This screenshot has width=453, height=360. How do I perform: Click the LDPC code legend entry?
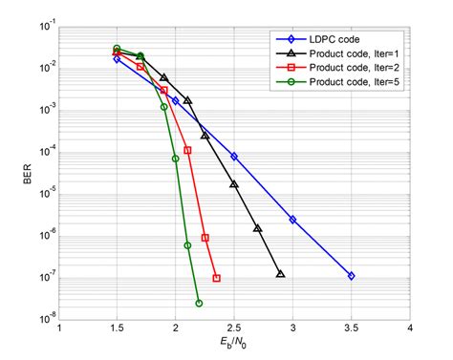(x=334, y=39)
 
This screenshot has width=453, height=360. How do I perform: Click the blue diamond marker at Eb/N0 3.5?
(x=351, y=275)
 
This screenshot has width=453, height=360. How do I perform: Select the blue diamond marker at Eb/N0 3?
(x=292, y=220)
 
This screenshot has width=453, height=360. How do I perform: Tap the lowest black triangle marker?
(x=281, y=274)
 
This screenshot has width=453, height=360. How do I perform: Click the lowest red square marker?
(x=217, y=278)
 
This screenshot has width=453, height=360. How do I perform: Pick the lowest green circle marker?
(x=199, y=304)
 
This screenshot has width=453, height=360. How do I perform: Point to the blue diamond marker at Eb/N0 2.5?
(x=234, y=156)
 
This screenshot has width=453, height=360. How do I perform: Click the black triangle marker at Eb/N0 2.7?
(x=258, y=228)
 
